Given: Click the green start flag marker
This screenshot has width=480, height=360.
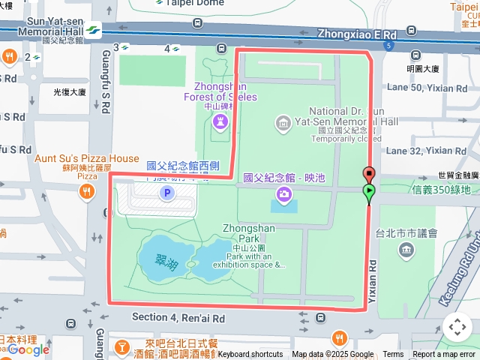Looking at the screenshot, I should [x=369, y=193].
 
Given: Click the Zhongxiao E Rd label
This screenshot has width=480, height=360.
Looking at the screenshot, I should [x=356, y=34].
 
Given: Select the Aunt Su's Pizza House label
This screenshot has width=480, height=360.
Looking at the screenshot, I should [x=87, y=158].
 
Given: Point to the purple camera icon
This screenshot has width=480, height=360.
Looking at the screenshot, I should [x=283, y=196].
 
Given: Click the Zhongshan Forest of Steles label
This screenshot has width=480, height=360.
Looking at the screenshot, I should [x=220, y=91].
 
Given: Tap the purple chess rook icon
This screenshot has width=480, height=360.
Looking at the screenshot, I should [x=220, y=121].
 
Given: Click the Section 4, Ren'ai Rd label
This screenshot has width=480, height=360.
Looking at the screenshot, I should [x=178, y=318].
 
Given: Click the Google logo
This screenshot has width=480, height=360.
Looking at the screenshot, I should [x=28, y=349].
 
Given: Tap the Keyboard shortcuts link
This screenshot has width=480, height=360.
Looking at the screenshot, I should [x=250, y=355].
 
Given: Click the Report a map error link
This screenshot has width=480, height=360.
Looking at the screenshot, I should [x=445, y=355].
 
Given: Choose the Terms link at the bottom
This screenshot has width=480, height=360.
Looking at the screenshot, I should [x=393, y=355].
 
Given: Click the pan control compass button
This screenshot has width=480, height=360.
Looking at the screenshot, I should [x=457, y=328].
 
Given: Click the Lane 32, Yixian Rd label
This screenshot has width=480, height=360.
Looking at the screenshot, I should [x=426, y=151].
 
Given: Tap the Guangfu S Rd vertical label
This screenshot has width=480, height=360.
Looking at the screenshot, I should [x=106, y=59].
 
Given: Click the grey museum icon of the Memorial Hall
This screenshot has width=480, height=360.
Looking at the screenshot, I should [x=283, y=122].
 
